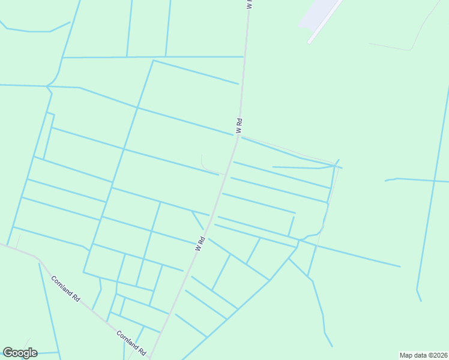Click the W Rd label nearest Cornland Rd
tap(200, 243)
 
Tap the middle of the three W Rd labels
tap(239, 126)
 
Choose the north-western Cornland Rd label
tap(65, 289)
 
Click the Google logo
tap(20, 353)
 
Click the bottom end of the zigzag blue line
tap(331, 346)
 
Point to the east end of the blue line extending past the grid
tap(399, 266)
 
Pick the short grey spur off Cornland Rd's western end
tap(17, 241)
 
